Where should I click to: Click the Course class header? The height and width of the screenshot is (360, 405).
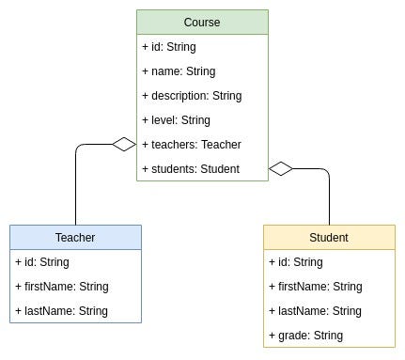click(202, 22)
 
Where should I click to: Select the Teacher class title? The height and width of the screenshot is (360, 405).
click(75, 237)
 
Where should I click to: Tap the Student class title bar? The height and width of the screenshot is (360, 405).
click(329, 237)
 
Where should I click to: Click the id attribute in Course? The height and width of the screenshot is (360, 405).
click(169, 46)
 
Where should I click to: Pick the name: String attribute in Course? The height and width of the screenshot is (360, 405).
click(179, 70)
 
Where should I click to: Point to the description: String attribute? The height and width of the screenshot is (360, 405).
click(192, 95)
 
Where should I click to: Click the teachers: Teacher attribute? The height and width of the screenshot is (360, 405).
click(192, 144)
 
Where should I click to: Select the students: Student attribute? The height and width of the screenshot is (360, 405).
click(191, 168)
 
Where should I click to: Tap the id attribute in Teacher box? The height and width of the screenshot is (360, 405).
click(42, 261)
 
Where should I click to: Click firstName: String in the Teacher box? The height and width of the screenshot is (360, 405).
click(62, 286)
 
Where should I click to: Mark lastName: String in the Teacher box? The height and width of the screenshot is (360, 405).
click(61, 310)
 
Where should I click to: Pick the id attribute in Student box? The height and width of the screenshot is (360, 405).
click(296, 261)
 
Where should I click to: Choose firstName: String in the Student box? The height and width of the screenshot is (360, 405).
click(316, 286)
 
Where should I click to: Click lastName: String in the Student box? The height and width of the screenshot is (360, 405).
click(315, 310)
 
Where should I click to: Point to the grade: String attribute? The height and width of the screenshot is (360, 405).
click(306, 335)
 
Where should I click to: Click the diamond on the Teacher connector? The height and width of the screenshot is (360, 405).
click(124, 144)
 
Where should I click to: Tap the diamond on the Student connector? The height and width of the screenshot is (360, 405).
click(281, 168)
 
